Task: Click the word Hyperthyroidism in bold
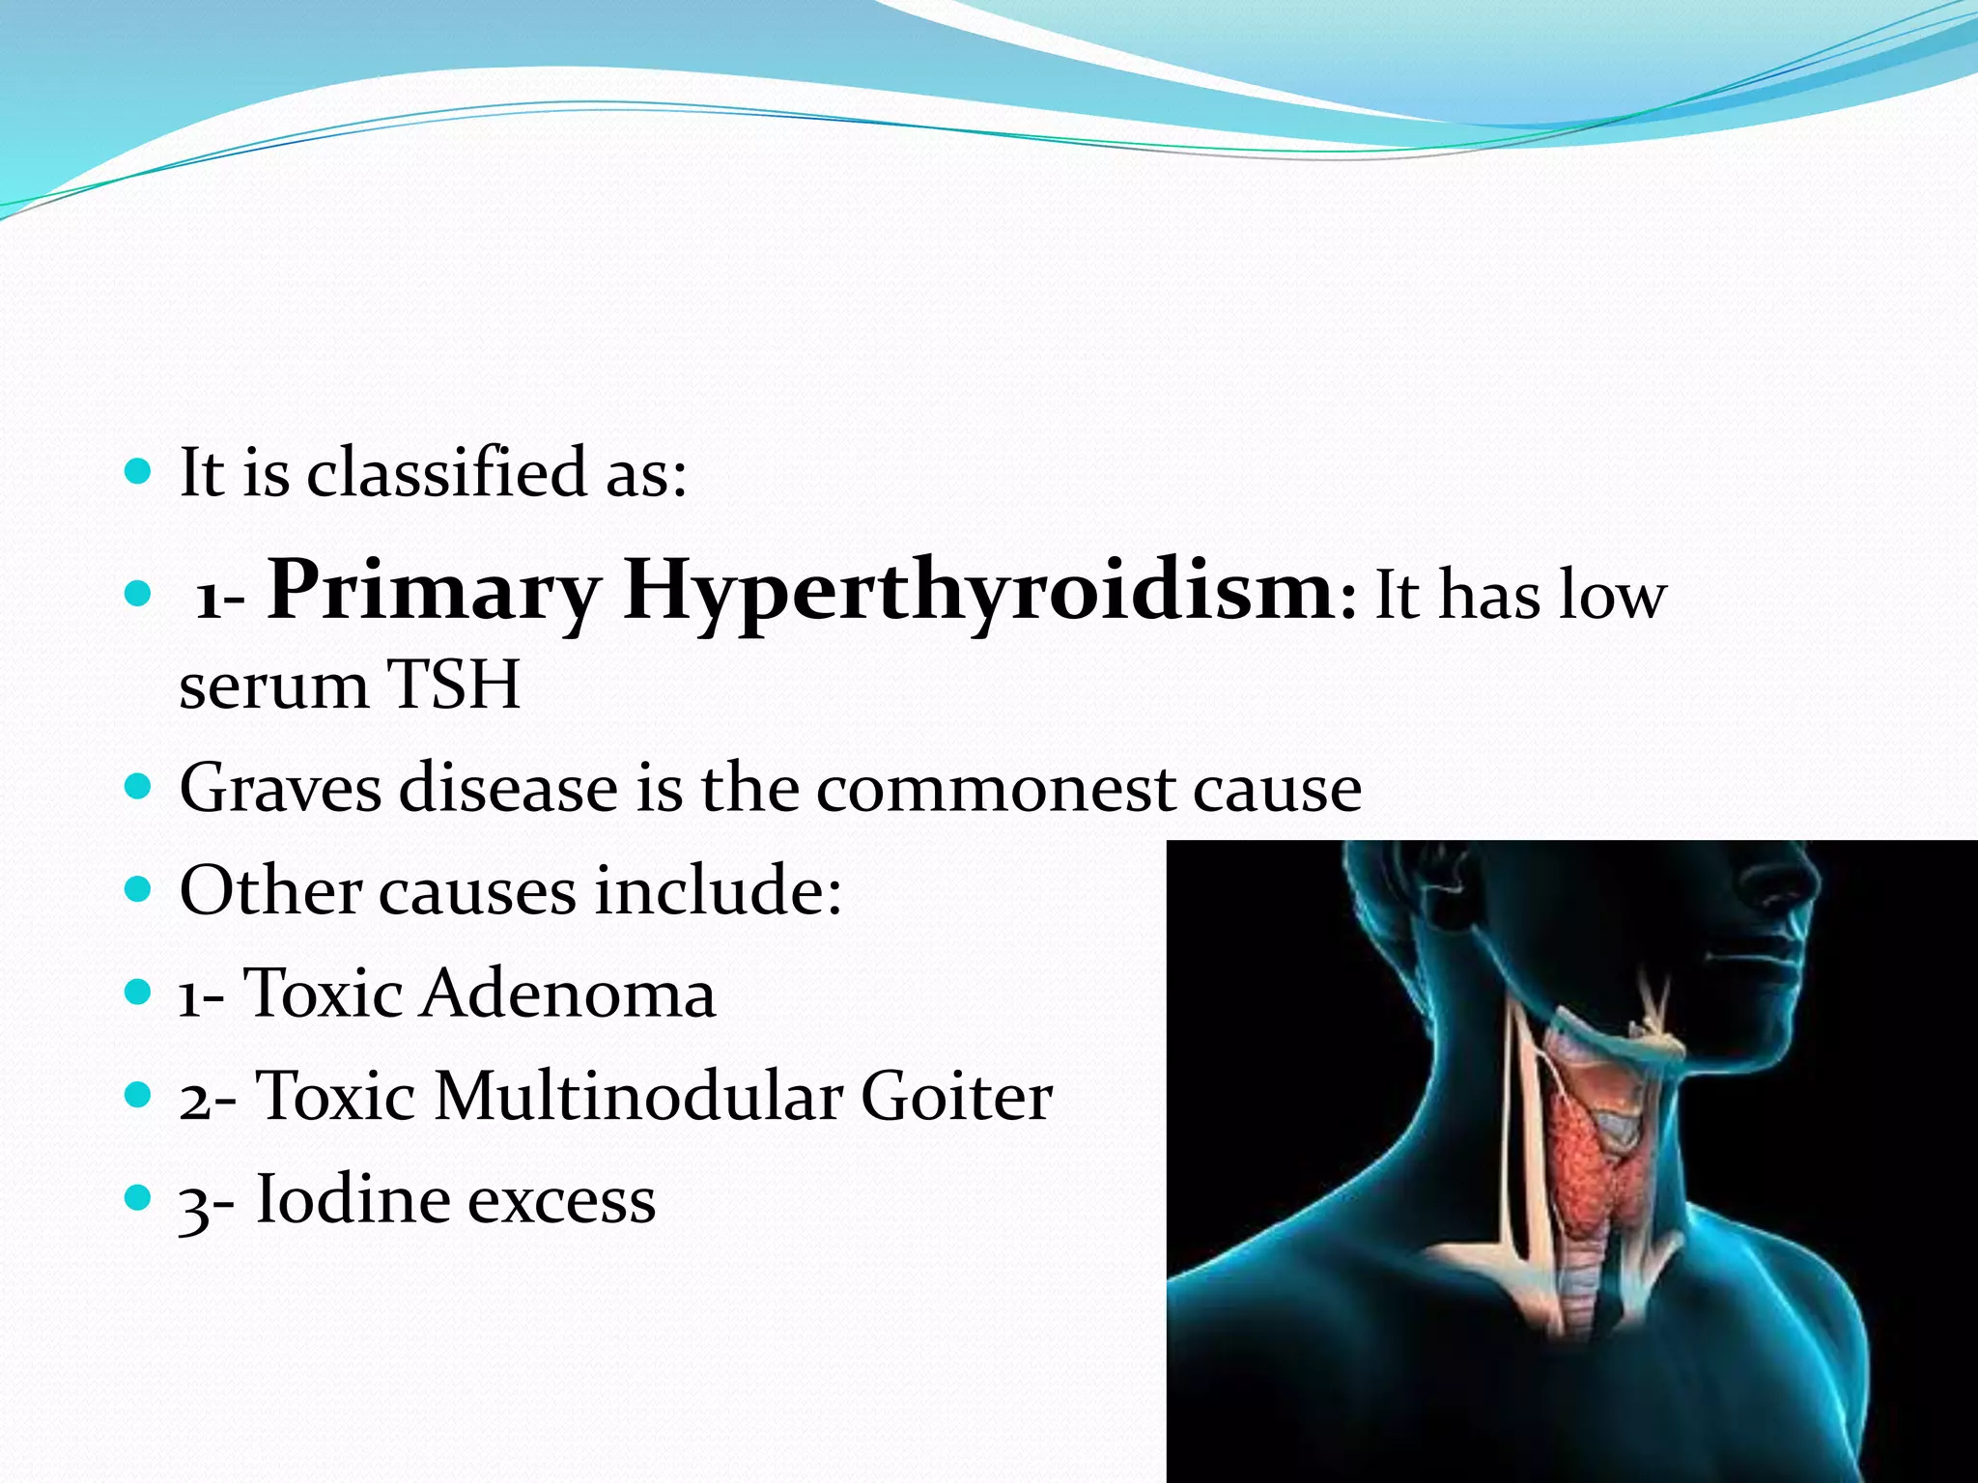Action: click(x=979, y=591)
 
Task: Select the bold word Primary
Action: click(x=434, y=591)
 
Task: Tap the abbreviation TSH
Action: click(x=453, y=685)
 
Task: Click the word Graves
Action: click(x=281, y=788)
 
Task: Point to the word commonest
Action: click(x=995, y=788)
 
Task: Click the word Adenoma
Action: click(x=567, y=993)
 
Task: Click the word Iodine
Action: click(x=352, y=1200)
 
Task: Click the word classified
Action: click(x=446, y=473)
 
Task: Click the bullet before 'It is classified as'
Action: click(x=139, y=472)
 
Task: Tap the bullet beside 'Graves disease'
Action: click(x=139, y=787)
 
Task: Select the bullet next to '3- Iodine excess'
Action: click(x=139, y=1198)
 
